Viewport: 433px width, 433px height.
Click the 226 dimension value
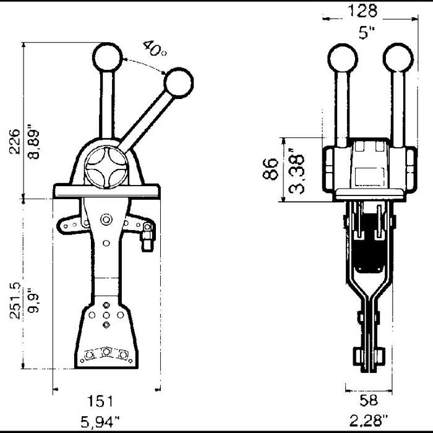15,141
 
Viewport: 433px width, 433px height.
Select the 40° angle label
155,48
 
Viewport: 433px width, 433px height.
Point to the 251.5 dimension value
15,301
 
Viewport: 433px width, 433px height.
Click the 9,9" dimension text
33,300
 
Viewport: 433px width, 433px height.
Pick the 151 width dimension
100,401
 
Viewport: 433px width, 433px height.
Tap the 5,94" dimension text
100,422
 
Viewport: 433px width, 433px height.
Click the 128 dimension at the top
362,11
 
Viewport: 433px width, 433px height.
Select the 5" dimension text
367,33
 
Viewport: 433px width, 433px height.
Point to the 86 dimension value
270,169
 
